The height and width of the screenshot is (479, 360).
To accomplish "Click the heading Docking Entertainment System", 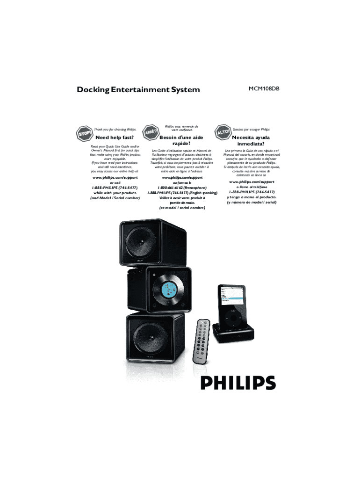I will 138,90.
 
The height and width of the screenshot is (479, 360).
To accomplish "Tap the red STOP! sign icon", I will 85,134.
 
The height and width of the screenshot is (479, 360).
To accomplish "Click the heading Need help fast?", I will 115,138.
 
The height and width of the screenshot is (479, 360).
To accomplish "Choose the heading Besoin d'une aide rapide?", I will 181,141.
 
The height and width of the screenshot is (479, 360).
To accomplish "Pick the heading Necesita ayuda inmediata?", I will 252,141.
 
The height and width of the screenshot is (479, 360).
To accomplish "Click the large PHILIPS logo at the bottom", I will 238,383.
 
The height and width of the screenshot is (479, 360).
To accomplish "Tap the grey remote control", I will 202,338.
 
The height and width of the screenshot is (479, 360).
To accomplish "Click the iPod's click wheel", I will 232,318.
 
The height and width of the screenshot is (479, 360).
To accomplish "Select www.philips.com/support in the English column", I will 115,178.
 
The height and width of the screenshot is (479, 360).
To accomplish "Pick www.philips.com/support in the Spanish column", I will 252,181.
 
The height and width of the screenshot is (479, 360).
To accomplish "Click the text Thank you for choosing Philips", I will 115,129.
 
